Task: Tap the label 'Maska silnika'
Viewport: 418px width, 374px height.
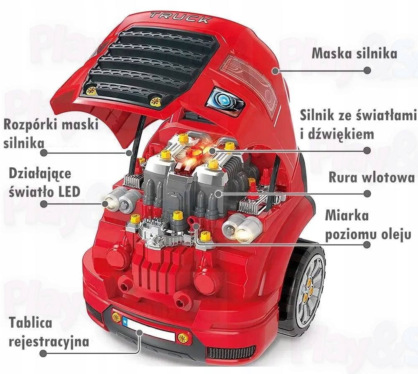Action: pos(354,54)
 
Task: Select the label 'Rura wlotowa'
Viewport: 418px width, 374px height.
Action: pos(371,178)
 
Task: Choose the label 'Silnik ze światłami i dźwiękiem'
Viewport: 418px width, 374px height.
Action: pos(359,124)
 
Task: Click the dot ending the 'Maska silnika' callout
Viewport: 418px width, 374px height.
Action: pos(367,71)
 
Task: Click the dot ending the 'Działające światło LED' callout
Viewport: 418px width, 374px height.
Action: pos(43,204)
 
